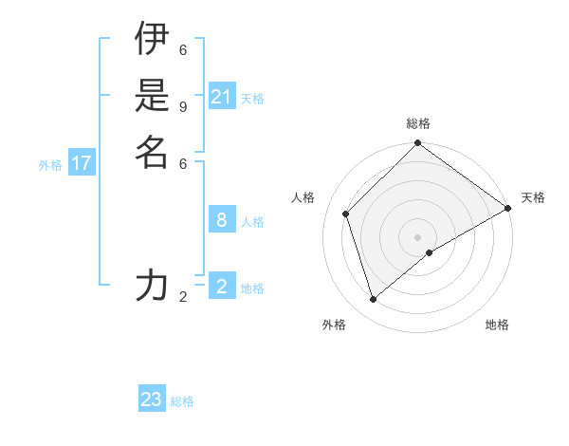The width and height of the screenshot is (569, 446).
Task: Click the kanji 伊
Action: tap(151, 38)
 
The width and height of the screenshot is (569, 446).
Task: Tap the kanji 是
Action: tap(151, 95)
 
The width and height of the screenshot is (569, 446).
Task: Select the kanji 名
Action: tap(151, 152)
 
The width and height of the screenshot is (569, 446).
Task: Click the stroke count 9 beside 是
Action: tap(183, 106)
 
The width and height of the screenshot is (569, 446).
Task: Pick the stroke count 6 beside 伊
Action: tap(183, 49)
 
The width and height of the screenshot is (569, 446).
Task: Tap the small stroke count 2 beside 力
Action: tap(183, 297)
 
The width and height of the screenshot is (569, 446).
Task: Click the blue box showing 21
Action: tap(222, 97)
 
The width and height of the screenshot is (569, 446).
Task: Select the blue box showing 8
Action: tap(222, 220)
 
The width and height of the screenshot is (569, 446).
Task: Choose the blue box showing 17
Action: tap(82, 163)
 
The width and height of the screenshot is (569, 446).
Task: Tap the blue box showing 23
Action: tap(151, 400)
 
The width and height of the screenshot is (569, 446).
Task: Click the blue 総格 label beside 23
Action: tap(182, 401)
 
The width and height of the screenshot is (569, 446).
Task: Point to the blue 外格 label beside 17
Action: tap(50, 165)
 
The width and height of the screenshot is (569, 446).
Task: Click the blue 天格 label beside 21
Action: tap(252, 99)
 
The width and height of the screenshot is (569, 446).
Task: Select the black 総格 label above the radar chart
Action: tap(418, 123)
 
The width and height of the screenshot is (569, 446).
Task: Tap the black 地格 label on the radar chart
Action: tap(497, 325)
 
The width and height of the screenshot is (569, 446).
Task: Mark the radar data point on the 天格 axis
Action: tap(507, 208)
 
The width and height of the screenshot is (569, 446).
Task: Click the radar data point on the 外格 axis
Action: tap(373, 300)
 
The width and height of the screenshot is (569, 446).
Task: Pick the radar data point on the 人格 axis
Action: tap(346, 214)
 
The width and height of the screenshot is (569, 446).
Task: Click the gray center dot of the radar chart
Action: tap(418, 237)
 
